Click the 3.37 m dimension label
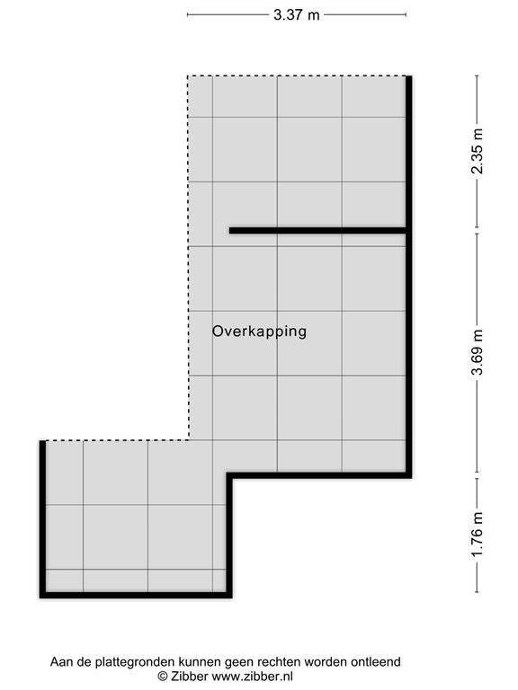[x=296, y=15]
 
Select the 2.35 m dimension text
[x=477, y=151]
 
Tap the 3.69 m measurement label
[x=477, y=352]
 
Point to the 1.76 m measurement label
[x=477, y=534]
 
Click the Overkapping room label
[x=259, y=332]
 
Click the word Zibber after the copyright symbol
[x=190, y=676]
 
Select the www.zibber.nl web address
[x=253, y=676]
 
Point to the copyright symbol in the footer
[x=163, y=677]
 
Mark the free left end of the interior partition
[x=229, y=230]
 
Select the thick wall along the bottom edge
[x=136, y=596]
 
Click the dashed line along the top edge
[x=297, y=76]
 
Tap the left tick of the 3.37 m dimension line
[x=188, y=15]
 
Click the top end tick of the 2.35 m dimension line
[x=477, y=76]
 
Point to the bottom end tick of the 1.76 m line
[x=477, y=592]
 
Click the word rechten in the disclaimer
[x=280, y=661]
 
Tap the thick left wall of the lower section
[x=43, y=519]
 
